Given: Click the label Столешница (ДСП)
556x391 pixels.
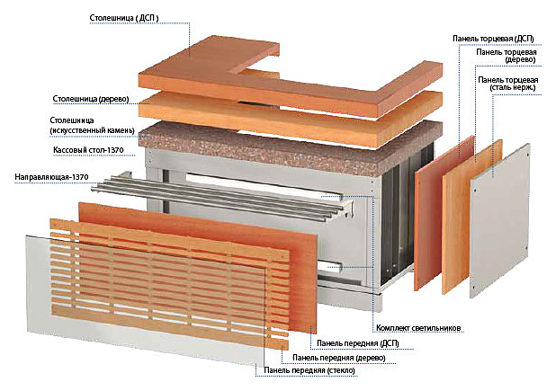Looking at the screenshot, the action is (124, 18).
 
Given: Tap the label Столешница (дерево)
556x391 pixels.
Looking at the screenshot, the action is (91, 99).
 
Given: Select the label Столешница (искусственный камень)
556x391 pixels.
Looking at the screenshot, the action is (92, 125).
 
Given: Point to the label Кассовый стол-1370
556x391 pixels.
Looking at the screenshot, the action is (88, 150).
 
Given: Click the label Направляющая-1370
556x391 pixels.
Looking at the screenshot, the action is (51, 177).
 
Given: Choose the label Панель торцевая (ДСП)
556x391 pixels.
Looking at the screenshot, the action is (493, 39).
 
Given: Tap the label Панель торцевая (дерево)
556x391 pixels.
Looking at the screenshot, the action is (507, 56).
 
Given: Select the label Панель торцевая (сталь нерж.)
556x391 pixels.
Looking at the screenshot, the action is (507, 84).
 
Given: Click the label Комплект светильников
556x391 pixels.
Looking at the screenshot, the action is (418, 328).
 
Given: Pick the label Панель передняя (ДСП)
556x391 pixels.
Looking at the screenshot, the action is (358, 343).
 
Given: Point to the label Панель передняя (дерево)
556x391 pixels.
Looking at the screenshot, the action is (339, 358).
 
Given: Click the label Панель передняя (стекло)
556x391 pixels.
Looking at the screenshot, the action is (309, 370).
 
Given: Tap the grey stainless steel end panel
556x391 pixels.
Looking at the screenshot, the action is (499, 220).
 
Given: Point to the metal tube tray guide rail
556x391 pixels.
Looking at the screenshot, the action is (220, 196).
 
